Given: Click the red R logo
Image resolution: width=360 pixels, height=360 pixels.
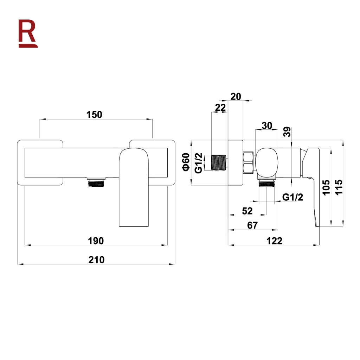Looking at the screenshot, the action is click(28, 33).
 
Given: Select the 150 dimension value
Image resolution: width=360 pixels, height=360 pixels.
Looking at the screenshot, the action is click(94, 115).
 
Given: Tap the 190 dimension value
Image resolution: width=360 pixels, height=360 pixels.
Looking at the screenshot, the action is click(96, 241).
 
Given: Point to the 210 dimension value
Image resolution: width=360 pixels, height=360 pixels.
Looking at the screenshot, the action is click(96, 260).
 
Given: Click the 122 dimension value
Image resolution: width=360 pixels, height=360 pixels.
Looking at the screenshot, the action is click(274, 241).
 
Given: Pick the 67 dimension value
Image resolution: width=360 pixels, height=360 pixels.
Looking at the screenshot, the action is click(252, 225).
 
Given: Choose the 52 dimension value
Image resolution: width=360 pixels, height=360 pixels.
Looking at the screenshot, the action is click(247, 211).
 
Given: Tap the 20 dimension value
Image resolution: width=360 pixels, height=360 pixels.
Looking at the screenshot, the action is click(236, 96).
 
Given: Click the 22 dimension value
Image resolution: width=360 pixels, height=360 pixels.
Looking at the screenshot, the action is click(220, 108).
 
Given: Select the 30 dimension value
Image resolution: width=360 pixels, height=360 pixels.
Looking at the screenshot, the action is click(267, 126).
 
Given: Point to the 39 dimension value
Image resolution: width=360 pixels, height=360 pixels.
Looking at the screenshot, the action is click(287, 132).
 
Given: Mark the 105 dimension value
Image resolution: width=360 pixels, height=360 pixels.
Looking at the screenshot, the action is click(326, 188).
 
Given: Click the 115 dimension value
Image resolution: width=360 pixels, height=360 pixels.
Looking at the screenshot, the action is click(339, 188).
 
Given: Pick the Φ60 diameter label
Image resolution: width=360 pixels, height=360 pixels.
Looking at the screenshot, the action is click(186, 162).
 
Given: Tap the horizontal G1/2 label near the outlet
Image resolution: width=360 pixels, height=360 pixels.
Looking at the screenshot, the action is click(292, 197).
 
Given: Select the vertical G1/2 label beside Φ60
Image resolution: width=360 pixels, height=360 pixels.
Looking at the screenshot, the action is click(198, 163).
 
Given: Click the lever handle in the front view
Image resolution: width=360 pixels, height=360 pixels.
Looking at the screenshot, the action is click(134, 187).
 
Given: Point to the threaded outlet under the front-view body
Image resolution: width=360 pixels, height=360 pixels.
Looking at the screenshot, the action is click(96, 182).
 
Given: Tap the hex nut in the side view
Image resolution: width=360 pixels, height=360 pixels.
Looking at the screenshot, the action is click(248, 162).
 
